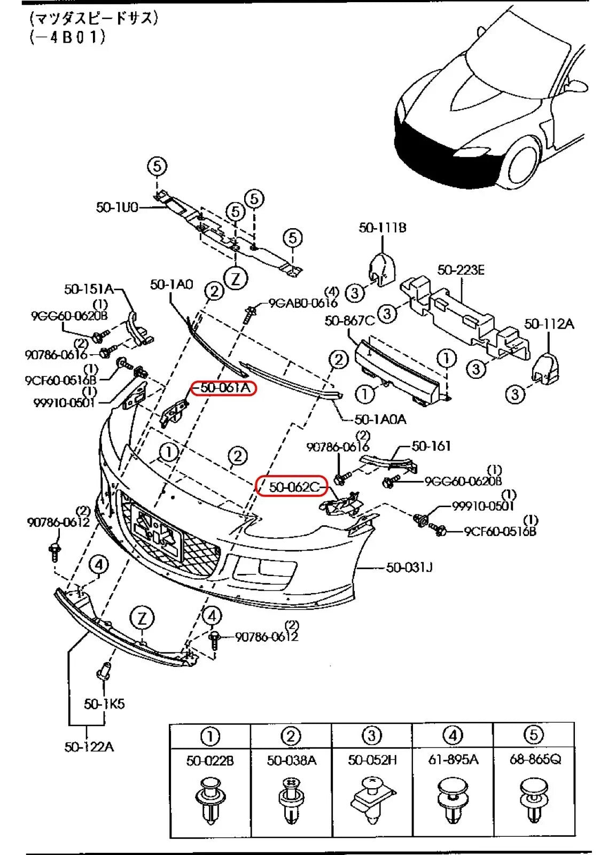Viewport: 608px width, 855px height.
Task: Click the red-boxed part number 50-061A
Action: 224,388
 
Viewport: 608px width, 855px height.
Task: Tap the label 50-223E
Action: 461,270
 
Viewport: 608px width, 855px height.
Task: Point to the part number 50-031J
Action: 409,567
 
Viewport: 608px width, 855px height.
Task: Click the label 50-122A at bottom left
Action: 89,747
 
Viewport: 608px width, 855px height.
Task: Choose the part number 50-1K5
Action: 104,704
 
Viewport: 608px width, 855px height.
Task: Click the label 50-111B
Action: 383,228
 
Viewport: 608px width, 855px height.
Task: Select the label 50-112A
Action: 549,324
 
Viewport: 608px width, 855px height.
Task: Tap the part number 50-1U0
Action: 117,207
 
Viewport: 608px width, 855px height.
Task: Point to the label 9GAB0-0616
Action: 302,303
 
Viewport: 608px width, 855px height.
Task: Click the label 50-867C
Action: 349,321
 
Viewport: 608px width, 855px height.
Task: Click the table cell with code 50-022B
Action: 210,760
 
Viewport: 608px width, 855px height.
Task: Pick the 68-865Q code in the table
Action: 535,759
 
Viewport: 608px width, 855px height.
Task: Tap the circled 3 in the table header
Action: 372,736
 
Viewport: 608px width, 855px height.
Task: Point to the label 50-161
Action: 431,446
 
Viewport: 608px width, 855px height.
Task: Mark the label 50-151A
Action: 89,289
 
